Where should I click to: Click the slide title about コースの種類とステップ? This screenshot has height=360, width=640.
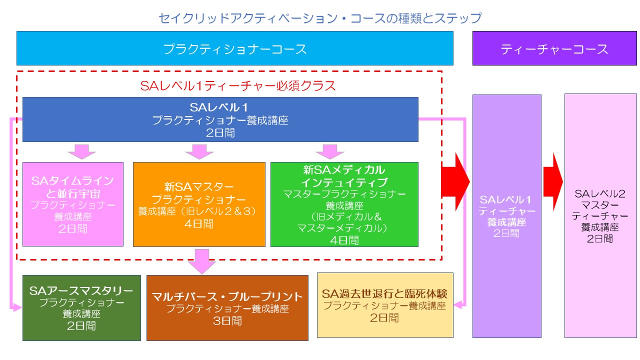pyautogui.click(x=320, y=18)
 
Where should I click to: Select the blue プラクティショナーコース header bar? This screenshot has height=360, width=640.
pyautogui.click(x=234, y=48)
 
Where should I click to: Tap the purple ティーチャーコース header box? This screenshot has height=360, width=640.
pyautogui.click(x=554, y=48)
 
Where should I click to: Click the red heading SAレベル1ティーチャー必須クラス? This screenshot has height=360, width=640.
pyautogui.click(x=238, y=85)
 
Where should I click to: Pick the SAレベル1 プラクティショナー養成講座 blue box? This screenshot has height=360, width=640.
pyautogui.click(x=220, y=120)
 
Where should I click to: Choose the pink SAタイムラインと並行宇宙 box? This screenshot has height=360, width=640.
pyautogui.click(x=73, y=204)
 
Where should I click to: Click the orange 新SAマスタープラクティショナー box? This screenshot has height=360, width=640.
pyautogui.click(x=198, y=204)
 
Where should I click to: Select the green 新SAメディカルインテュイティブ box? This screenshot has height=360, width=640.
pyautogui.click(x=344, y=204)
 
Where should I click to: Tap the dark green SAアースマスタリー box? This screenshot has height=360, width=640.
pyautogui.click(x=81, y=307)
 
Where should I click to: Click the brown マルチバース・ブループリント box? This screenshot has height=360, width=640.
pyautogui.click(x=227, y=308)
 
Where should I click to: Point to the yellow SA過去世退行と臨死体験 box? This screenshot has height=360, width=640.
pyautogui.click(x=385, y=305)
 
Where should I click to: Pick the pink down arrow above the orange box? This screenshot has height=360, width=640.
pyautogui.click(x=199, y=151)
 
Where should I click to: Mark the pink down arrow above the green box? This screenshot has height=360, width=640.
pyautogui.click(x=329, y=151)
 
